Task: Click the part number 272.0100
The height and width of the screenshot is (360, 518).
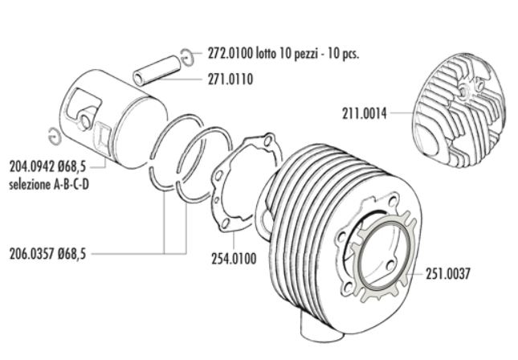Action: pyautogui.click(x=230, y=53)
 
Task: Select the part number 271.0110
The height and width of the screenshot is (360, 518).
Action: pyautogui.click(x=230, y=80)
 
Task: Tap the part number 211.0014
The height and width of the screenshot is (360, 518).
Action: pyautogui.click(x=365, y=113)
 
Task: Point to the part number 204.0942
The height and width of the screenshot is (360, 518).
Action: pyautogui.click(x=32, y=167)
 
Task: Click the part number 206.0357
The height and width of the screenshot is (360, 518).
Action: pyautogui.click(x=32, y=254)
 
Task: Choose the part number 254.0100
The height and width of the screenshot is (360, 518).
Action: pyautogui.click(x=234, y=259)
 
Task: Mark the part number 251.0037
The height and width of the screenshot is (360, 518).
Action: pyautogui.click(x=447, y=274)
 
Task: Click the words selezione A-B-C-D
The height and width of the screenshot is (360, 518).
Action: pyautogui.click(x=49, y=185)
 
